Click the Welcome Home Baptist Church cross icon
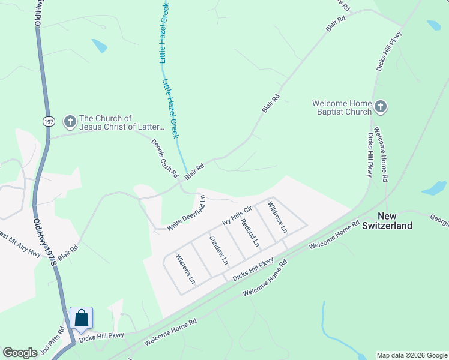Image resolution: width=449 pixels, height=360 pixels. pyautogui.click(x=380, y=107)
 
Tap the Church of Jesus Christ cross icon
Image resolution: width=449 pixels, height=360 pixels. pyautogui.click(x=70, y=122)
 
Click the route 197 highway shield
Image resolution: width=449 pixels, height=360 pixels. pyautogui.click(x=49, y=121)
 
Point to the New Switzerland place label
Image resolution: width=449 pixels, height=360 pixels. pyautogui.click(x=394, y=221)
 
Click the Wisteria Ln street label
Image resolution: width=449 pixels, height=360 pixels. pyautogui.click(x=185, y=269)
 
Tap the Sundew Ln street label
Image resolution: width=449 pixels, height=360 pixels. pyautogui.click(x=218, y=251)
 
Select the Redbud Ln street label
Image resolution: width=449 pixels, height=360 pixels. pyautogui.click(x=249, y=233)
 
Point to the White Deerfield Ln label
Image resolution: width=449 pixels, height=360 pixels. pyautogui.click(x=187, y=214)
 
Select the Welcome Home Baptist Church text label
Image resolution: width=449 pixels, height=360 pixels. pyautogui.click(x=342, y=107)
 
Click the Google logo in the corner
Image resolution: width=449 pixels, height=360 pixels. pyautogui.click(x=20, y=353)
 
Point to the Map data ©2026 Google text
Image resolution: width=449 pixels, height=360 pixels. pyautogui.click(x=412, y=355)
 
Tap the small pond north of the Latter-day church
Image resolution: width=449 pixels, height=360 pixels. pyautogui.click(x=99, y=46)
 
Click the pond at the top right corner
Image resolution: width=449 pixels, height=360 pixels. pyautogui.click(x=433, y=26)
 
